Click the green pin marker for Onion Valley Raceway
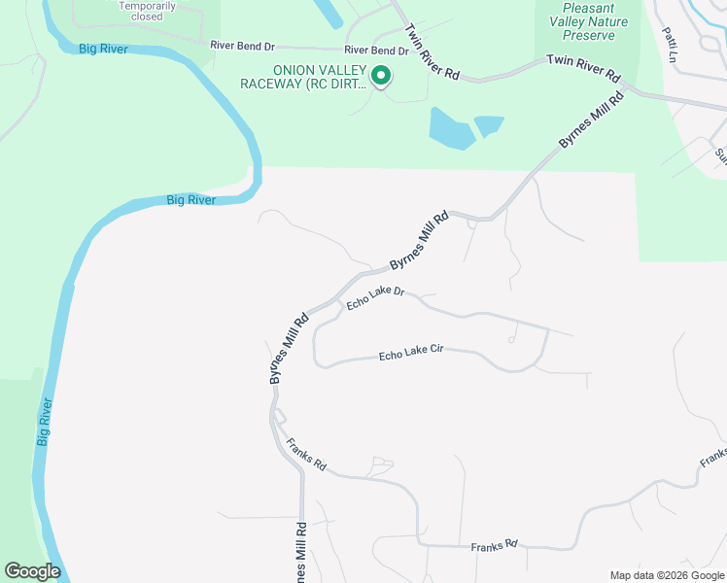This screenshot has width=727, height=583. (x=382, y=75)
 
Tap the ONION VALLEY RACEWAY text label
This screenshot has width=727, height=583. (x=306, y=77)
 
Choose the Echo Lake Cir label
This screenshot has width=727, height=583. (x=411, y=355)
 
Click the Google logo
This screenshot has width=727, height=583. (x=32, y=571)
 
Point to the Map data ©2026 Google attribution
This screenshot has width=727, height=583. (x=667, y=575)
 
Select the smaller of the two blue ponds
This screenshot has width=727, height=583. (x=488, y=125)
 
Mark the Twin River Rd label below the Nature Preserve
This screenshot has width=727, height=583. (x=583, y=67)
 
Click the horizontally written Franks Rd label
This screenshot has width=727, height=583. (x=495, y=546)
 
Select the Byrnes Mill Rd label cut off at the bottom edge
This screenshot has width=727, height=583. (x=301, y=554)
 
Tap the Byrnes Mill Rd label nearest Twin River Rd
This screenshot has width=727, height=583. (x=592, y=120)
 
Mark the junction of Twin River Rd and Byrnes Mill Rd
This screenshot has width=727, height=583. (x=627, y=89)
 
